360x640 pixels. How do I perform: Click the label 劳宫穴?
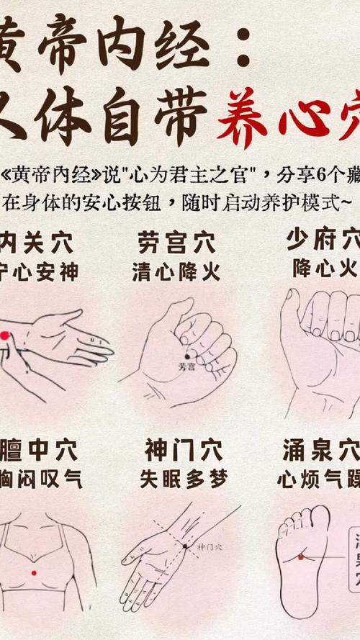(x=176, y=243)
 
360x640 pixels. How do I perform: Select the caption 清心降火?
(x=176, y=272)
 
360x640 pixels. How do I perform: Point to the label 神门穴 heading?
(x=176, y=451)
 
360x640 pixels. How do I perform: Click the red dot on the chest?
(x=34, y=572)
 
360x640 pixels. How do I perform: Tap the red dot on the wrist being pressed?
(x=4, y=335)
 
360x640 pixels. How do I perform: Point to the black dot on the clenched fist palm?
(x=187, y=355)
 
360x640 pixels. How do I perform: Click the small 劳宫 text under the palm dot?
(x=186, y=366)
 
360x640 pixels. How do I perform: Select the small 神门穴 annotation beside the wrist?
(x=210, y=547)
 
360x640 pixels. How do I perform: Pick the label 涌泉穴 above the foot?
(x=321, y=451)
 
